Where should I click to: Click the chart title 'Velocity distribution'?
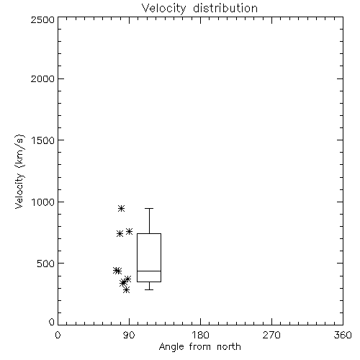point(199,9)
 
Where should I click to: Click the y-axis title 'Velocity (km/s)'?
point(19,171)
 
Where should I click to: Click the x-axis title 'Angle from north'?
point(199,347)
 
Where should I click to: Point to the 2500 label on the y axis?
point(42,19)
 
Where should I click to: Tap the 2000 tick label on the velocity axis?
point(42,78)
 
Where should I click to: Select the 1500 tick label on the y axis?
point(43,140)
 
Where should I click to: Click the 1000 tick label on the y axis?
point(43,202)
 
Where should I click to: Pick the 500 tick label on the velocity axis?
point(46,264)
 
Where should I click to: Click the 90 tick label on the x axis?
point(129,335)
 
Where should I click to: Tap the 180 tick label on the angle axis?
point(200,335)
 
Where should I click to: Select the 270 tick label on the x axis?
point(271,335)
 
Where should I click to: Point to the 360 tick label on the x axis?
point(343,335)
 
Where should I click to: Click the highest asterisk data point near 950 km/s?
point(122,208)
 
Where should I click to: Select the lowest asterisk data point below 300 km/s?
point(126,290)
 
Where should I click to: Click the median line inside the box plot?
point(149,271)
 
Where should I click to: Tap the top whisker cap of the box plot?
point(149,209)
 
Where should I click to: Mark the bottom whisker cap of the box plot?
point(149,289)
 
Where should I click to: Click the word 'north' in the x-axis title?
point(229,347)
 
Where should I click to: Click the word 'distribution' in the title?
point(225,9)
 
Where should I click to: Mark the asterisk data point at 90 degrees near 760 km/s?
point(130,231)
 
